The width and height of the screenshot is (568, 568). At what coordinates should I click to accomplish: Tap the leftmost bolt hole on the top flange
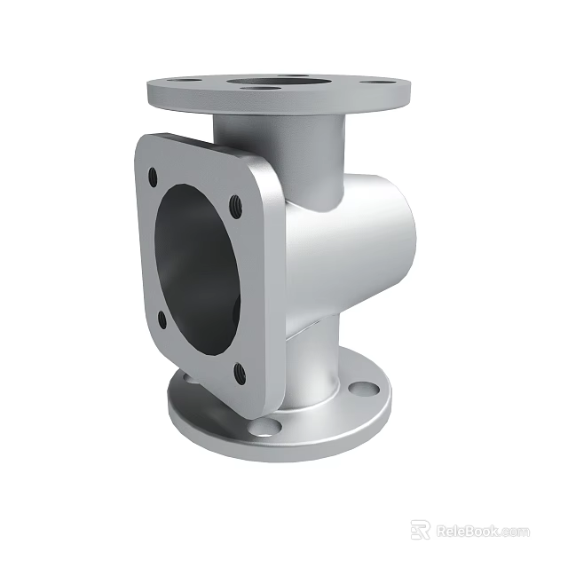[x=190, y=81]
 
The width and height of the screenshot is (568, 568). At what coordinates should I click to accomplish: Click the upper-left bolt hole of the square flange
[x=154, y=176]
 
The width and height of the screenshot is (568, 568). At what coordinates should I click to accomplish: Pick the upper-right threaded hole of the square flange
[x=236, y=206]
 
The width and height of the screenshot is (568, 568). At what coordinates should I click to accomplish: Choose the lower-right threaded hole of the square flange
[x=238, y=374]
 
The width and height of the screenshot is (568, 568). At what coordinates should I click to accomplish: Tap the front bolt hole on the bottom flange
[x=264, y=429]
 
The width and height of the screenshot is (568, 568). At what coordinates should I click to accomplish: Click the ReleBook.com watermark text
[x=483, y=531]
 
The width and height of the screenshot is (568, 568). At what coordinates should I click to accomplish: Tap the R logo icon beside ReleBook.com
[x=421, y=530]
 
